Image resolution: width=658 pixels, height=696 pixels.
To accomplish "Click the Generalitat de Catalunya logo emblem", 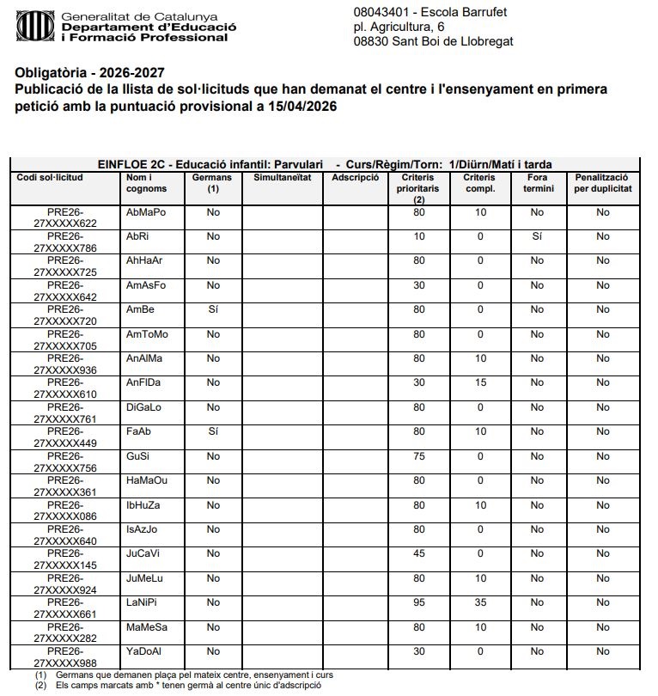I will (34, 27).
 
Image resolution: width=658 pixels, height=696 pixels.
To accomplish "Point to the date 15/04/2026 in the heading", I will (303, 107).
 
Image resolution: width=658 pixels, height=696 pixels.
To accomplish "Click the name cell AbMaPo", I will (145, 212).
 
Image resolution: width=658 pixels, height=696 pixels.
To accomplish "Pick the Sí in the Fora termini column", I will (537, 236).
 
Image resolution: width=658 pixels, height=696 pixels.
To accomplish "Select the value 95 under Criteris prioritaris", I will (418, 602).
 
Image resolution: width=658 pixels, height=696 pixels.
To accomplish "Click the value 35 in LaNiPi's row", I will (480, 602).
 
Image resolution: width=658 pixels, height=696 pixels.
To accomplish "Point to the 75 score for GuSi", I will (418, 456).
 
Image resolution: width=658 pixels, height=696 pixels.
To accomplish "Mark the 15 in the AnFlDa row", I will (480, 382).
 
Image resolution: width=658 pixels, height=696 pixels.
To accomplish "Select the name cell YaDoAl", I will (143, 651).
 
